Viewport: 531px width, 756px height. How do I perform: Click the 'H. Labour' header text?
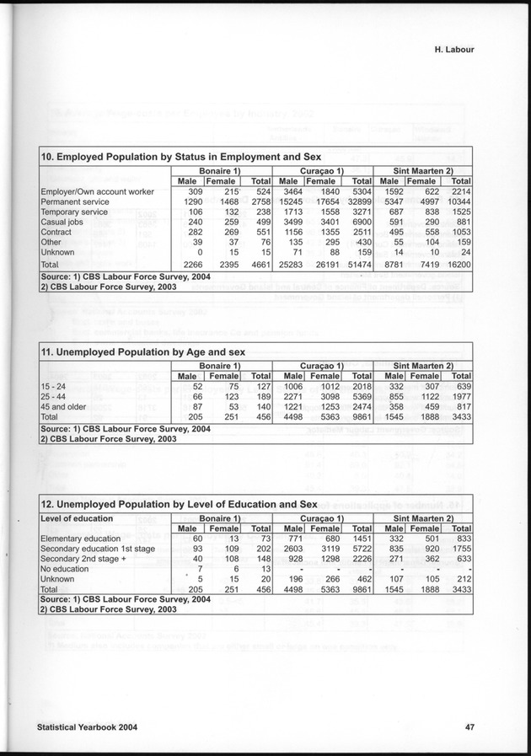tap(448, 49)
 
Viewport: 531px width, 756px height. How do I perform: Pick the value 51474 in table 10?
tap(357, 264)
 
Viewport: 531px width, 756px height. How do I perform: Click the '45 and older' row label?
tap(64, 406)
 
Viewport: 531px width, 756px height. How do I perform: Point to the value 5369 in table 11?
tap(358, 396)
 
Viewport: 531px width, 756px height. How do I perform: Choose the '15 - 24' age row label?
tap(54, 386)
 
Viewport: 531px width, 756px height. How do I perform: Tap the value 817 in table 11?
tap(461, 406)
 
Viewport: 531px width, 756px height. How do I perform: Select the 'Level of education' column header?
tap(77, 517)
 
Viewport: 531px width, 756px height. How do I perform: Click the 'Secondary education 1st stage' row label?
tap(98, 548)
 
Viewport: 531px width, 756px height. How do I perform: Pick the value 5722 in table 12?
tap(358, 548)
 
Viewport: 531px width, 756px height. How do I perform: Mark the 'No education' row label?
tap(64, 568)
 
